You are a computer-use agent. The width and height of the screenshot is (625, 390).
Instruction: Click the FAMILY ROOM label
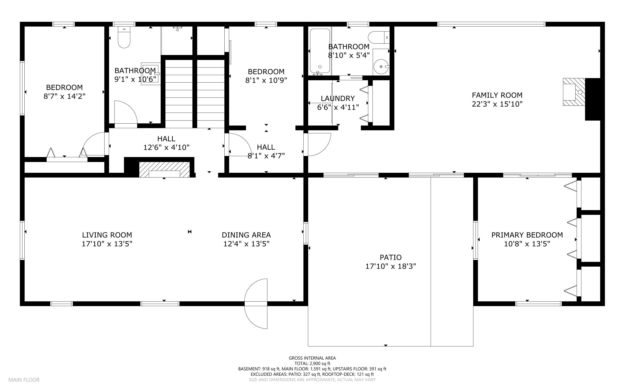pyautogui.click(x=497, y=95)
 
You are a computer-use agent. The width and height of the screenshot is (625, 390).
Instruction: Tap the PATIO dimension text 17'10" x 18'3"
pyautogui.click(x=390, y=266)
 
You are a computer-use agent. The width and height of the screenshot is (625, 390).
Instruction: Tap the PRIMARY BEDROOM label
pyautogui.click(x=527, y=235)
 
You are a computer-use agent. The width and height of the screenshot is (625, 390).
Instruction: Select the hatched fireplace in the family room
pyautogui.click(x=574, y=92)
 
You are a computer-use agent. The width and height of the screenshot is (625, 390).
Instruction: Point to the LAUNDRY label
pyautogui.click(x=338, y=98)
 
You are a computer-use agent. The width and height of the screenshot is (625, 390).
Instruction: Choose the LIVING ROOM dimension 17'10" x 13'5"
pyautogui.click(x=107, y=244)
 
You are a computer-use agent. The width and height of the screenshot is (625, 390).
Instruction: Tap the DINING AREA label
pyautogui.click(x=246, y=235)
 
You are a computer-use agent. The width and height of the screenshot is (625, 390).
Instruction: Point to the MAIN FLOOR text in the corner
pyautogui.click(x=24, y=380)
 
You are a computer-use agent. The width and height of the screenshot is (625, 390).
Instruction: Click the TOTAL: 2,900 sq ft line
pyautogui.click(x=312, y=363)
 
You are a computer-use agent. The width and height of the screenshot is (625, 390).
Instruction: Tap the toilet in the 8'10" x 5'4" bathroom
pyautogui.click(x=378, y=37)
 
